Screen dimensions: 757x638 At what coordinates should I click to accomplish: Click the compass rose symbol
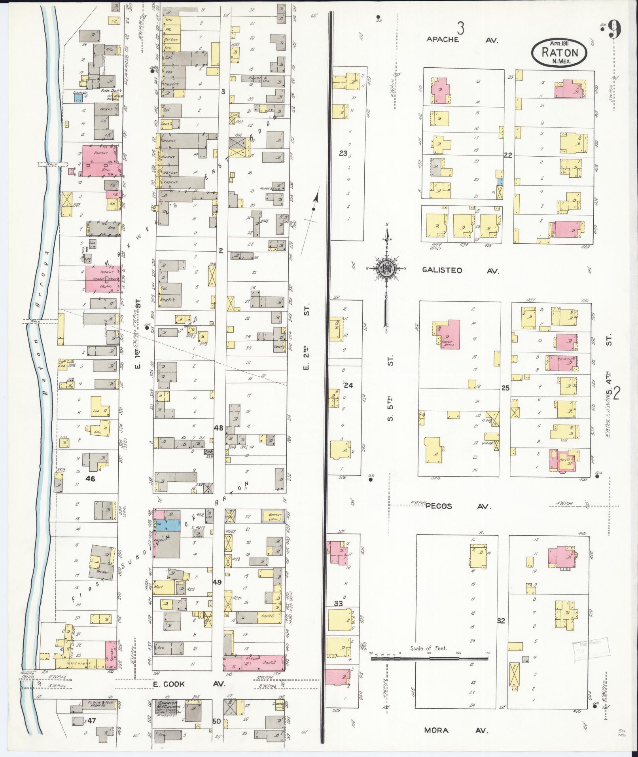click(385, 269)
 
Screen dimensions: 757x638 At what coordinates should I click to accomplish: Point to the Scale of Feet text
click(428, 648)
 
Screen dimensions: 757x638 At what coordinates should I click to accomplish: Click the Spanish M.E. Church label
click(168, 708)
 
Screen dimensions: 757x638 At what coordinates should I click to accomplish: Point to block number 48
click(218, 428)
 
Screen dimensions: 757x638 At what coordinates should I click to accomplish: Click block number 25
click(505, 388)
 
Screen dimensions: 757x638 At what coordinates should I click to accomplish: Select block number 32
click(501, 620)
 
